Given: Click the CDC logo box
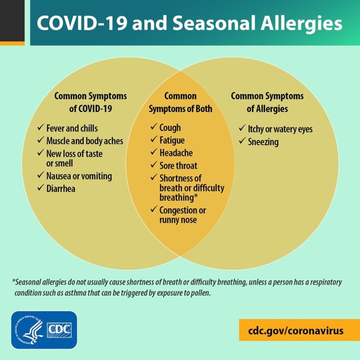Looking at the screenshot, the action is (59, 330).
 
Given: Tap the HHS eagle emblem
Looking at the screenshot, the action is (29, 330).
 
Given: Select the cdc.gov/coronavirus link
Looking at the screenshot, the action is (296, 331).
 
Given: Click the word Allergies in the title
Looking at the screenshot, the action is (301, 23).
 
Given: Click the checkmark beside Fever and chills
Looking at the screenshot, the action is (40, 127).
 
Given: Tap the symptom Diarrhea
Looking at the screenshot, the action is (61, 189).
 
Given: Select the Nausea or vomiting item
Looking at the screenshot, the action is (79, 176).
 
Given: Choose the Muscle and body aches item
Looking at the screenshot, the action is (85, 141).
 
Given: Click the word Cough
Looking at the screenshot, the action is (170, 128).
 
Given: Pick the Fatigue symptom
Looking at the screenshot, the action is (172, 140).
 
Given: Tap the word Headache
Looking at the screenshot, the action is (176, 153).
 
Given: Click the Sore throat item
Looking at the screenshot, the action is (178, 166).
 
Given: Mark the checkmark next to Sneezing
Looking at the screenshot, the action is (242, 140).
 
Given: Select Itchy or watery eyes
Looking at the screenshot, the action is (280, 129).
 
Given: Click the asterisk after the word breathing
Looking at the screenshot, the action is (196, 196).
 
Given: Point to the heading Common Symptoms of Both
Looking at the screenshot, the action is (180, 103).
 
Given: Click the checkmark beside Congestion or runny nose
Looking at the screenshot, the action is (154, 209).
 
